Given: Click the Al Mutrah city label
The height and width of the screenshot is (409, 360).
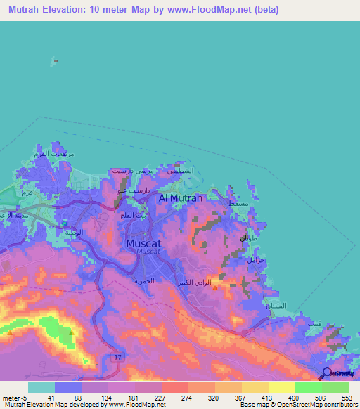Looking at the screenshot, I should pos(181,198).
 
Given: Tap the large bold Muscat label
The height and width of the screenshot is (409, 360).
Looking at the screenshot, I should pos(146,243).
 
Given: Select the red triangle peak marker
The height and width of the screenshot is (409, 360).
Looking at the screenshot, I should pos(215,287).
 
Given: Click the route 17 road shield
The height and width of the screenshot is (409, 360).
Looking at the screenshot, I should pos(117,357).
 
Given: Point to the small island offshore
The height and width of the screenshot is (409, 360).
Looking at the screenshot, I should pos(52,60).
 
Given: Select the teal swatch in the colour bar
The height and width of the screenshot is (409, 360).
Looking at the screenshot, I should pos(41,387).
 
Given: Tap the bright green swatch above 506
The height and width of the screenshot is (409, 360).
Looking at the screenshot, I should pos(309,387).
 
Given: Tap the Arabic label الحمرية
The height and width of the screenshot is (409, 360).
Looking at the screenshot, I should pos(145,280).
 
